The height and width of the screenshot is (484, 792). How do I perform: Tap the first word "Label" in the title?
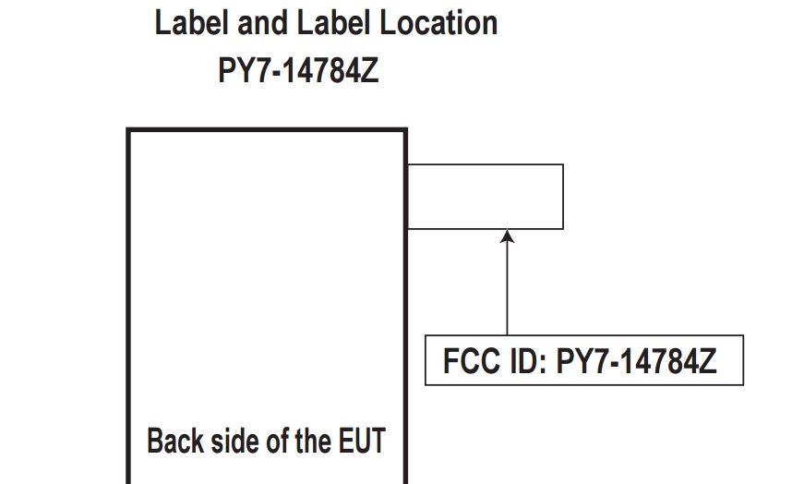[x=191, y=23]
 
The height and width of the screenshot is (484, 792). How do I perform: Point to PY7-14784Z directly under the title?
[x=298, y=71]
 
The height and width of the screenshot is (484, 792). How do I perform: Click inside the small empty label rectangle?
[x=485, y=196]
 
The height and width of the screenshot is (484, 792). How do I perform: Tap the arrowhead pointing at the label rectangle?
[x=507, y=237]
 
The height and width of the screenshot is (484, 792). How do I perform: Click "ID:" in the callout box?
[x=526, y=361]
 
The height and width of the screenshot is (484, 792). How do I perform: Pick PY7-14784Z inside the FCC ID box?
[x=636, y=361]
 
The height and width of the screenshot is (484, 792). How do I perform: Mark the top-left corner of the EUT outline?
[x=128, y=130]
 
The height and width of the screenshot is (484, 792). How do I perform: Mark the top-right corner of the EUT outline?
[x=405, y=130]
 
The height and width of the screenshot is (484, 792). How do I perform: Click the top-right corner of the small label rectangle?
[x=563, y=165]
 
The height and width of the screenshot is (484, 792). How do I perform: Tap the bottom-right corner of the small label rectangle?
[x=563, y=228]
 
